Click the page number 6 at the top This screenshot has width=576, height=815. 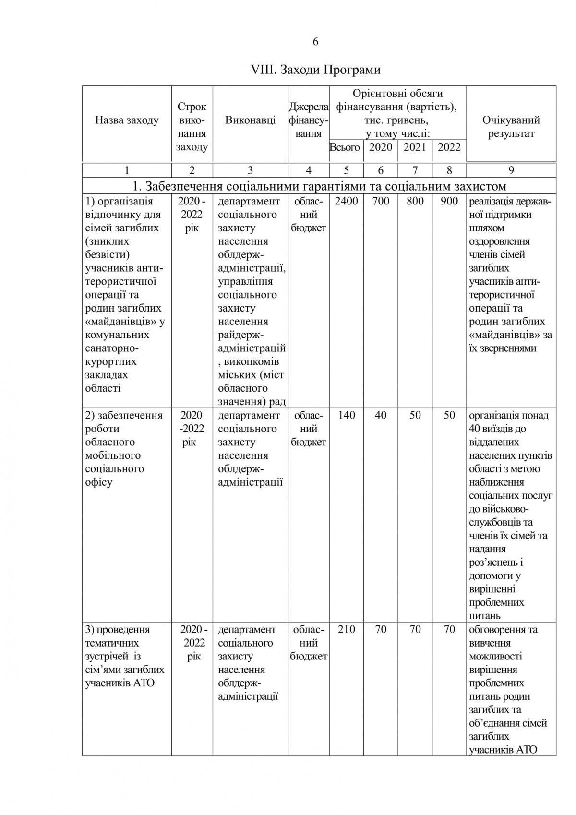tap(315, 42)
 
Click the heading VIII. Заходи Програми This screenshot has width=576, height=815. tap(316, 70)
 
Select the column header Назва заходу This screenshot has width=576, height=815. tap(127, 120)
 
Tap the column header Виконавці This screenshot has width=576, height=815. tap(250, 120)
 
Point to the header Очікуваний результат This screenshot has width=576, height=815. tap(511, 127)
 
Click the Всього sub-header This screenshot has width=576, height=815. tap(345, 147)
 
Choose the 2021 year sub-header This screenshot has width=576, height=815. tap(415, 147)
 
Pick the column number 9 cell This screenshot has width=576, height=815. tap(511, 170)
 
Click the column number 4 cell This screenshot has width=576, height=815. tap(308, 170)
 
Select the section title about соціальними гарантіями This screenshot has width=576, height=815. tap(319, 186)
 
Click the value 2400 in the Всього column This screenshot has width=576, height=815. tap(346, 202)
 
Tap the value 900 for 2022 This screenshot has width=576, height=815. tap(449, 202)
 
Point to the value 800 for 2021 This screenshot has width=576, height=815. tap(415, 202)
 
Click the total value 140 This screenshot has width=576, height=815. tap(346, 416)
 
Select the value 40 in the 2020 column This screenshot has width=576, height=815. tap(381, 416)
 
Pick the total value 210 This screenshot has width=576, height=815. tap(346, 630)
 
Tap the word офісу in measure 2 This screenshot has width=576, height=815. tap(99, 482)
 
